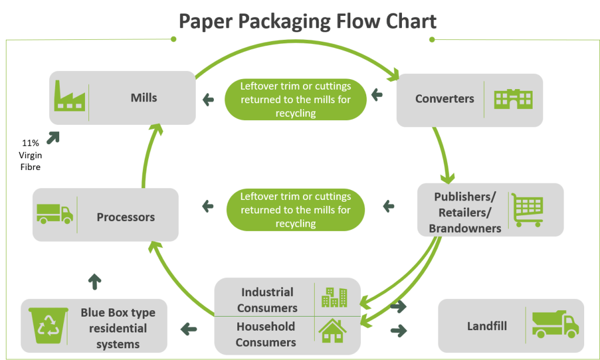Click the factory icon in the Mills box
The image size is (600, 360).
[68, 96]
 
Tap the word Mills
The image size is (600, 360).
[144, 97]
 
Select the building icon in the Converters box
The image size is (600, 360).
[513, 99]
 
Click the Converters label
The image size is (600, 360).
[444, 99]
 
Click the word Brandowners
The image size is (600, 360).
[465, 228]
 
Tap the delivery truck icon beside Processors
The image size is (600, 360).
[54, 214]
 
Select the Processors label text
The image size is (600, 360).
[125, 217]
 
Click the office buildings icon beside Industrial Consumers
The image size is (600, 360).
[333, 297]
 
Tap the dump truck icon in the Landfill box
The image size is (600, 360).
[554, 324]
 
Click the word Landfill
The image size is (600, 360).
[487, 326]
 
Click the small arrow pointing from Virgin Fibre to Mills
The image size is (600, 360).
[53, 137]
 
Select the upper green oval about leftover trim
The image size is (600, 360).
[295, 99]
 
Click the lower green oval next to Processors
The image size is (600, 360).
[295, 209]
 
